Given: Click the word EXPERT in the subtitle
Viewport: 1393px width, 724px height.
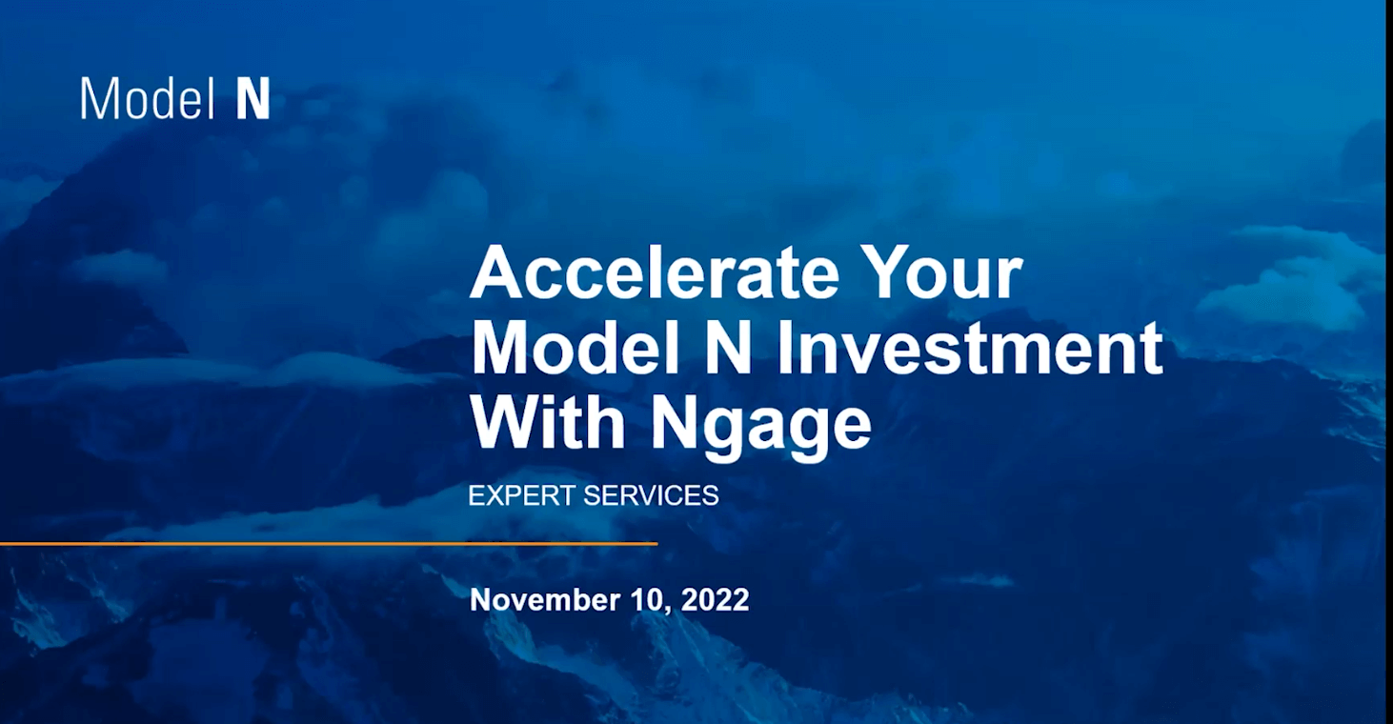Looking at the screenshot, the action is [521, 495].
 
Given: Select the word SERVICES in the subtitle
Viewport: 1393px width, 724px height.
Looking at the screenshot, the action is [651, 495].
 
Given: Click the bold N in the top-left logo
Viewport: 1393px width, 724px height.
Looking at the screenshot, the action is [253, 98].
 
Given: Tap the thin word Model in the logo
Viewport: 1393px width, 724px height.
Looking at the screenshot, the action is [148, 98].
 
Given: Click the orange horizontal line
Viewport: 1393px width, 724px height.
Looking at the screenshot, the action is [329, 544].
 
